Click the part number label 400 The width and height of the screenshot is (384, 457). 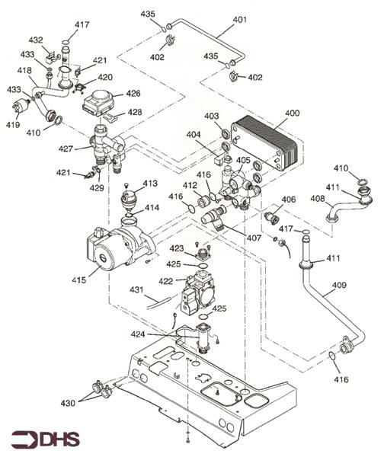[x=292, y=113]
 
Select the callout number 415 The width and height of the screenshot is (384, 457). [x=79, y=280]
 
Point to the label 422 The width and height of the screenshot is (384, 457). [x=166, y=281]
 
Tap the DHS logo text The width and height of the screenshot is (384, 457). [x=60, y=439]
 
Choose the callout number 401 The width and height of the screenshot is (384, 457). [x=240, y=20]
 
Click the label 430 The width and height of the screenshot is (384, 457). [x=68, y=403]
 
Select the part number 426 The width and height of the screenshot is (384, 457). [x=133, y=93]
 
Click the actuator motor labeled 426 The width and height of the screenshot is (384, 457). [x=100, y=104]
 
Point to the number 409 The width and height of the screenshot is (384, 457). [x=339, y=284]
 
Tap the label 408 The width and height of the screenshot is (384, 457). [x=318, y=199]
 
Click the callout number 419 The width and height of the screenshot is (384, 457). [x=13, y=124]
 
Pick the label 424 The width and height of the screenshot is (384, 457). [x=138, y=334]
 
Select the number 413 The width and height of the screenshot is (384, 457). [x=150, y=183]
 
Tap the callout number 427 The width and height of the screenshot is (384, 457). [x=66, y=149]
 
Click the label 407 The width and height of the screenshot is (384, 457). [x=254, y=238]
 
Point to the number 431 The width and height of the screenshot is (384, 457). [x=136, y=289]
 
